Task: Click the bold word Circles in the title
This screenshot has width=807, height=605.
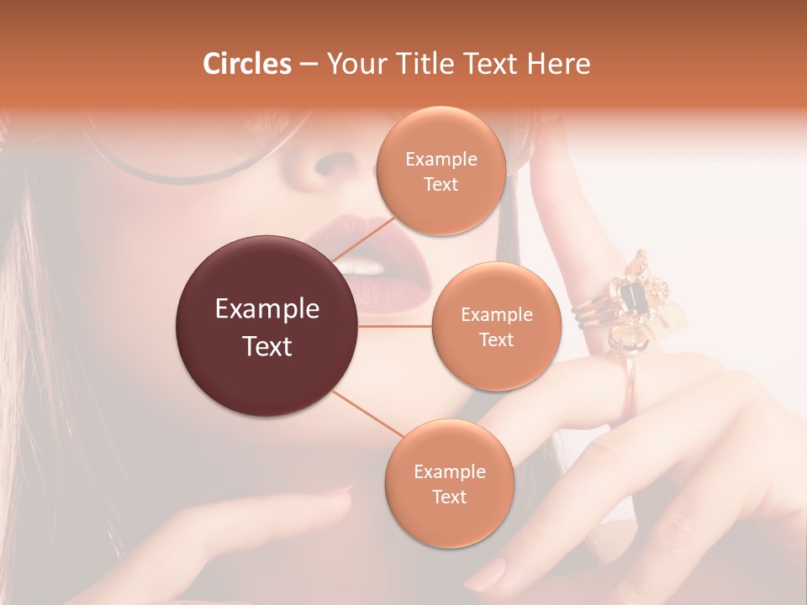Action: pos(246,64)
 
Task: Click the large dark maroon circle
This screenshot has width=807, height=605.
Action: pos(267,326)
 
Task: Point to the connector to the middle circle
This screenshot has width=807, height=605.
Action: pos(395,326)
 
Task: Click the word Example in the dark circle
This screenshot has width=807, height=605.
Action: pos(267,309)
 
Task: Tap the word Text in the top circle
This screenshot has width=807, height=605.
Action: pos(440,185)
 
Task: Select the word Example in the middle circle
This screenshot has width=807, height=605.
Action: pos(496,315)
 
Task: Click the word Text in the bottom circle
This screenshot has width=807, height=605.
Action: pos(449,497)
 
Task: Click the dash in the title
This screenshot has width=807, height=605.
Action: pos(309,65)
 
